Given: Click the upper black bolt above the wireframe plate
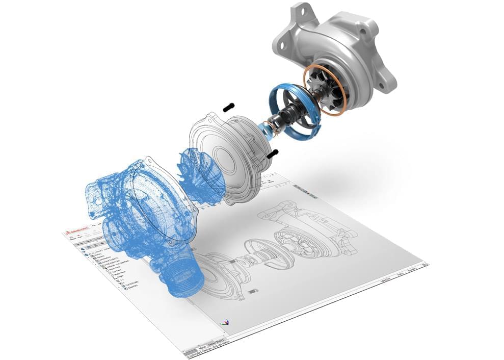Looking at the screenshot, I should (228, 107).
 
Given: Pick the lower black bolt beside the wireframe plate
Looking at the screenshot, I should (272, 152).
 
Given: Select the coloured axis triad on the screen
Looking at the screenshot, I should (224, 323).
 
